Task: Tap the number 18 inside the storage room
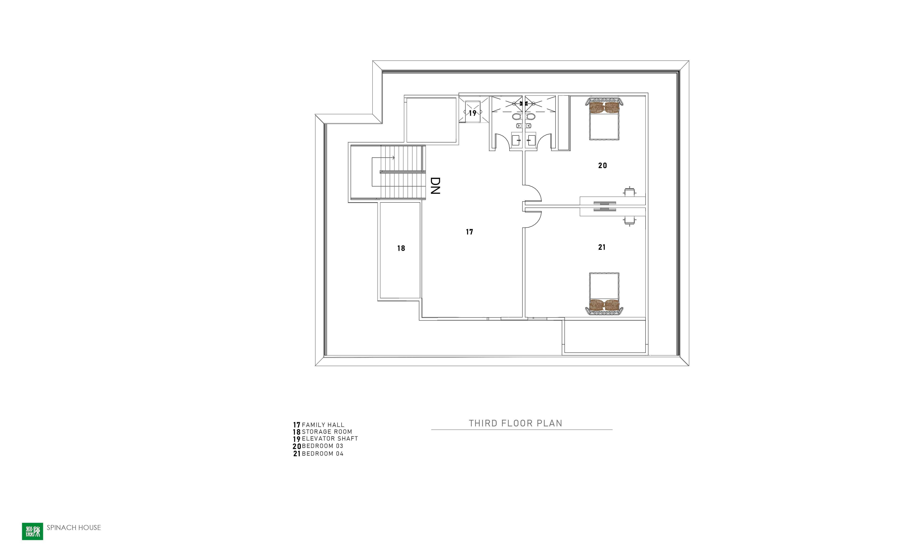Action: [x=401, y=248]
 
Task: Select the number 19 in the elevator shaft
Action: [x=473, y=113]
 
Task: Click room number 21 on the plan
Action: [x=602, y=247]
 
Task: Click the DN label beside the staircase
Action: [x=435, y=186]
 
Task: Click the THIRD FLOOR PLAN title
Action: [x=515, y=423]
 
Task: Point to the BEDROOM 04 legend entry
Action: [x=318, y=453]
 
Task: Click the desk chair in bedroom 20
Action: [x=630, y=192]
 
